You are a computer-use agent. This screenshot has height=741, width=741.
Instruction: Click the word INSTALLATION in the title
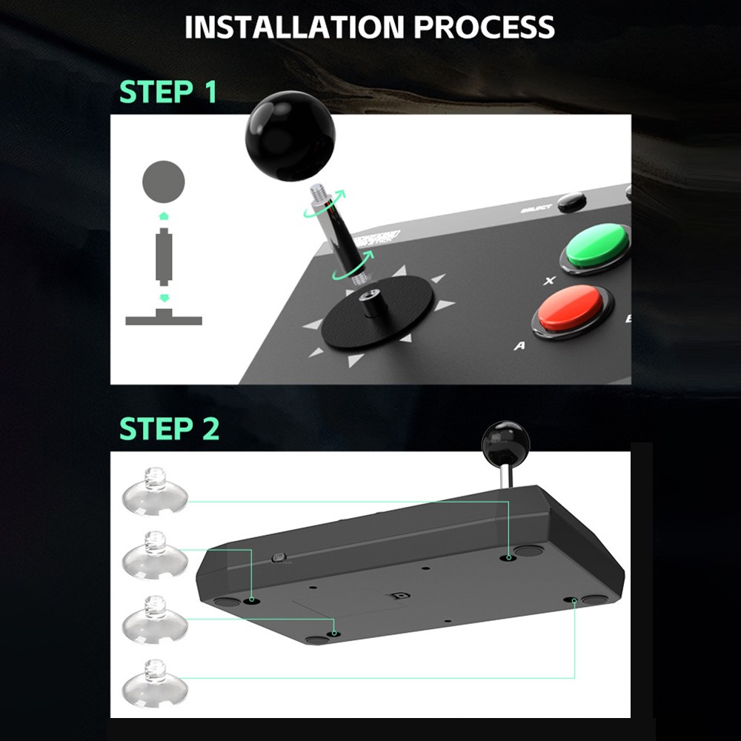pyautogui.click(x=294, y=27)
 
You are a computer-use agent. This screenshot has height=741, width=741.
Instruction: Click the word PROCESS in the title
pyautogui.click(x=484, y=27)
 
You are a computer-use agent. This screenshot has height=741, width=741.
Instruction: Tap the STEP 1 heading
pyautogui.click(x=168, y=92)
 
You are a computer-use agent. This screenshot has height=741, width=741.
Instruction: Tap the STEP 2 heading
pyautogui.click(x=169, y=428)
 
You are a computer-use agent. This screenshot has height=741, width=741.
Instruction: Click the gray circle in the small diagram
pyautogui.click(x=163, y=182)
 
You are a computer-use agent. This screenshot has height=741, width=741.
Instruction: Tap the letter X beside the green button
pyautogui.click(x=549, y=281)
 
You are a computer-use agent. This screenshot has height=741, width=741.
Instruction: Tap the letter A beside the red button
pyautogui.click(x=520, y=345)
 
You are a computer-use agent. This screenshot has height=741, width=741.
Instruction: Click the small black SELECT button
pyautogui.click(x=571, y=202)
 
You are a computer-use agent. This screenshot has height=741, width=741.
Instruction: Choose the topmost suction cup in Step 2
pyautogui.click(x=153, y=491)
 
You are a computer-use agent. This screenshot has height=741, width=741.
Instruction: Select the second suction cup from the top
pyautogui.click(x=153, y=554)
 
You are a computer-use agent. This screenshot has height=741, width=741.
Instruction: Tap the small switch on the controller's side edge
pyautogui.click(x=279, y=557)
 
